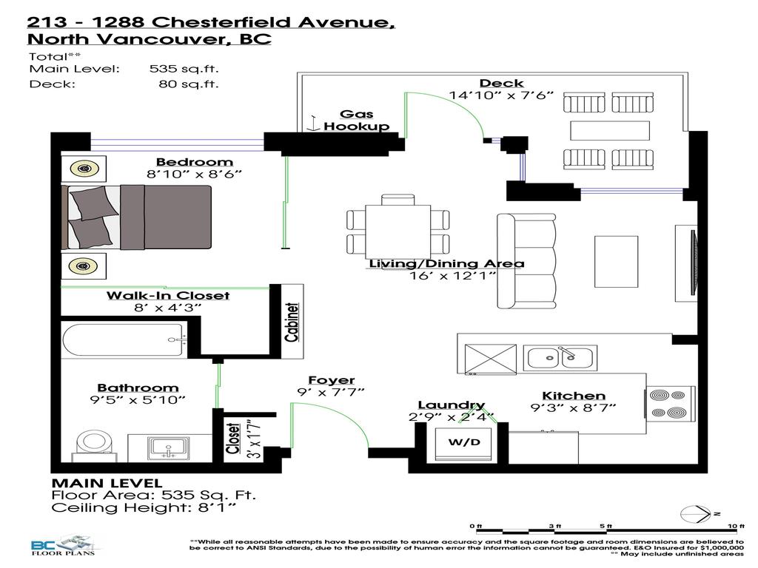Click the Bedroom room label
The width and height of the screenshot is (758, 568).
[194, 162]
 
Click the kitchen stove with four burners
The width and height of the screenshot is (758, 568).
[671, 404]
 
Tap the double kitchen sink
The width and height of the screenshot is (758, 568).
[560, 358]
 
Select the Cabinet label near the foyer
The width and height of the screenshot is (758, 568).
[292, 322]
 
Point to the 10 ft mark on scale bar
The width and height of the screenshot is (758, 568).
[735, 526]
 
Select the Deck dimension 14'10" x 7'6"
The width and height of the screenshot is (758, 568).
[501, 95]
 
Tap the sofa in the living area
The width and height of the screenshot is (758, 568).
[526, 262]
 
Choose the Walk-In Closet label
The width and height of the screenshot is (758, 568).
[167, 295]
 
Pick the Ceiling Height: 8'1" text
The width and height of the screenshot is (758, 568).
[145, 508]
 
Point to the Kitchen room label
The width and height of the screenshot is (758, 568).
[574, 396]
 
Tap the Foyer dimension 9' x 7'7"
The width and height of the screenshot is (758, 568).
[331, 392]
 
